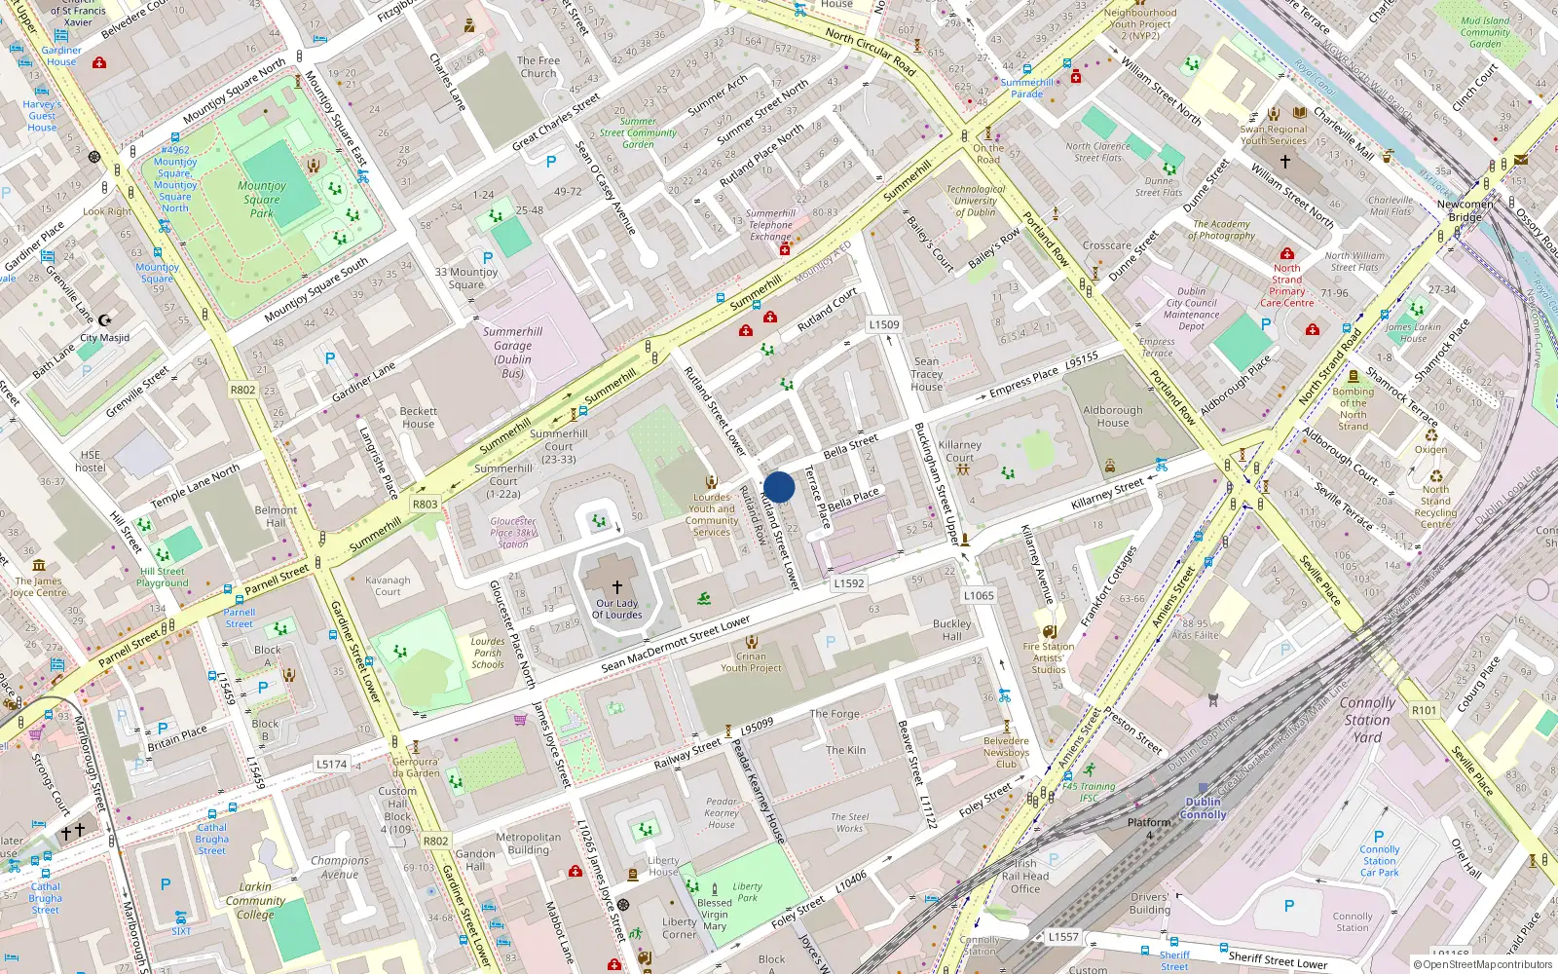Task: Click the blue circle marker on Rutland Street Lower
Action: point(779,487)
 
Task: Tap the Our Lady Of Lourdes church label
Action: point(617,609)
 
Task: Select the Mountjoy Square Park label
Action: point(262,199)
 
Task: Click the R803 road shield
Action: point(425,504)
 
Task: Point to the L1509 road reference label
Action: point(884,324)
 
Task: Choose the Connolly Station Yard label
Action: point(1367,720)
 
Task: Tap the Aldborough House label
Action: point(1112,416)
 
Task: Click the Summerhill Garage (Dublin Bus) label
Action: point(512,352)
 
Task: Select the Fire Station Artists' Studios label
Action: point(1049,657)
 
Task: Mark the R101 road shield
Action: point(1424,710)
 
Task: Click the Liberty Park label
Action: point(747,891)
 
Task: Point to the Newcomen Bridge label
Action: point(1465,210)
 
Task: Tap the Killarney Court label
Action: point(959,451)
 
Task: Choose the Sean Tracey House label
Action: point(927,374)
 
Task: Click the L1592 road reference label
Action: point(849,583)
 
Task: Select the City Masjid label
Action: point(104,338)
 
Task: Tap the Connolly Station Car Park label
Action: point(1379,861)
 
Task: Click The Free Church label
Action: point(538,66)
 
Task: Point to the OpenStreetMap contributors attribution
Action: point(1484,964)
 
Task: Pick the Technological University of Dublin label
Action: point(975,201)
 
